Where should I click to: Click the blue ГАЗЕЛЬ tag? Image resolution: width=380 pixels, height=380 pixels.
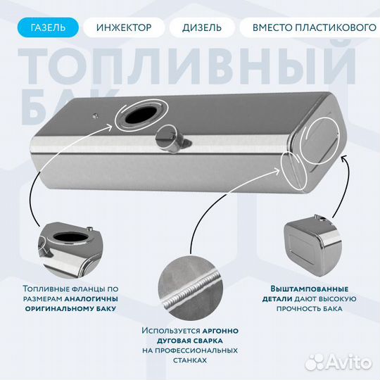(x=48, y=28)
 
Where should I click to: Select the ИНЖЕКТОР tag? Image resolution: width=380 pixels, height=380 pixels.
(x=124, y=28)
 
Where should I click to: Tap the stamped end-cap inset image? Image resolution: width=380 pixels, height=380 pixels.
(x=309, y=243)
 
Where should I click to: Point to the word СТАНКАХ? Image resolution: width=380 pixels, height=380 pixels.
(x=189, y=360)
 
